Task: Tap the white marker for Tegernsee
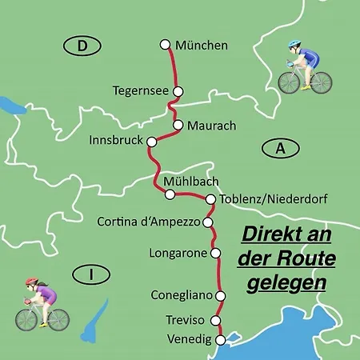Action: click(178, 91)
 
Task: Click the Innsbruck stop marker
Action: click(150, 142)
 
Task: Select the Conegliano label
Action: click(182, 295)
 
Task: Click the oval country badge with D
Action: click(82, 46)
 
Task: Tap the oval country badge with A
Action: click(279, 148)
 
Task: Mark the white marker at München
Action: click(166, 45)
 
